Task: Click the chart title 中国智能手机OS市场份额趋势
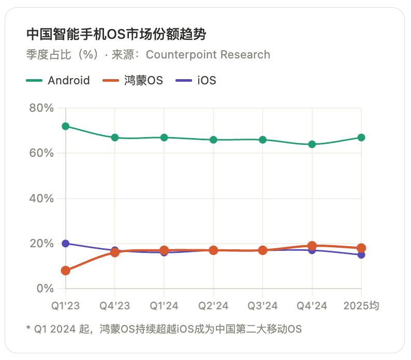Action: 116,35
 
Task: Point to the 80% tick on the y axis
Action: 41,108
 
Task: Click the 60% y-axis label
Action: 41,153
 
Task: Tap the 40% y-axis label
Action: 41,198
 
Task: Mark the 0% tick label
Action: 45,288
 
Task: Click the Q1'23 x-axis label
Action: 66,306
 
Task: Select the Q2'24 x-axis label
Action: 213,306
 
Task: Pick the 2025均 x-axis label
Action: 361,306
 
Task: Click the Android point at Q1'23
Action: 66,126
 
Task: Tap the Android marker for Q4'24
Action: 312,144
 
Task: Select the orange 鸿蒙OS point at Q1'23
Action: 66,271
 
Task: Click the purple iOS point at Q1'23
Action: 66,243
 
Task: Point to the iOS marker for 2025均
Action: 361,254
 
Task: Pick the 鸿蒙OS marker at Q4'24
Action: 312,246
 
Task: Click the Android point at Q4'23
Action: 115,138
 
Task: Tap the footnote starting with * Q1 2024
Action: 164,329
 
